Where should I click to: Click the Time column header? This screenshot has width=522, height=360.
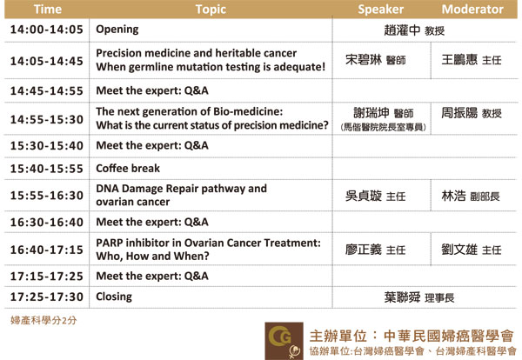pyautogui.click(x=48, y=9)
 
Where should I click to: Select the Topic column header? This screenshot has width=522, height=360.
pyautogui.click(x=211, y=10)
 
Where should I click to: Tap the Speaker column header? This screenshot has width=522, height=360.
pyautogui.click(x=381, y=10)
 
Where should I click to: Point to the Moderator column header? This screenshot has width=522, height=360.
pyautogui.click(x=472, y=10)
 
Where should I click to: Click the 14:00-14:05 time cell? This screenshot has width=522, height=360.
pyautogui.click(x=47, y=30)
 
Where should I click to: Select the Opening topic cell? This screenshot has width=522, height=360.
pyautogui.click(x=117, y=30)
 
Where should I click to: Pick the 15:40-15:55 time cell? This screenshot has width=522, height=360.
pyautogui.click(x=47, y=169)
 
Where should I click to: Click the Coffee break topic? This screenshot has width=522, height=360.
pyautogui.click(x=128, y=169)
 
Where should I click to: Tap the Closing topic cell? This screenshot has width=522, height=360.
pyautogui.click(x=114, y=297)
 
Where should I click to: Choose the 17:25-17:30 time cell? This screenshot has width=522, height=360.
pyautogui.click(x=47, y=297)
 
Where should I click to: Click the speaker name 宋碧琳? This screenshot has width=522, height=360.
pyautogui.click(x=364, y=60)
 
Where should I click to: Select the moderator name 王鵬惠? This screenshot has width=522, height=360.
pyautogui.click(x=459, y=60)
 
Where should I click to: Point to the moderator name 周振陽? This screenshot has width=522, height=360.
pyautogui.click(x=459, y=113)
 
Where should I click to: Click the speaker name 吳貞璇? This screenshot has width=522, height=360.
pyautogui.click(x=364, y=196)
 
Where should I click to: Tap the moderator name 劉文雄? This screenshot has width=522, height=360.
pyautogui.click(x=459, y=250)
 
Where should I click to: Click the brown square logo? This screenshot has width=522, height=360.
pyautogui.click(x=284, y=341)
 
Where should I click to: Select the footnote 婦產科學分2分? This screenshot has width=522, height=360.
pyautogui.click(x=43, y=320)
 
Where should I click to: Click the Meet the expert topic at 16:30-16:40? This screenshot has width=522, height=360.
pyautogui.click(x=152, y=222)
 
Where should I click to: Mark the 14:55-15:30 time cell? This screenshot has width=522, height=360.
pyautogui.click(x=47, y=119)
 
